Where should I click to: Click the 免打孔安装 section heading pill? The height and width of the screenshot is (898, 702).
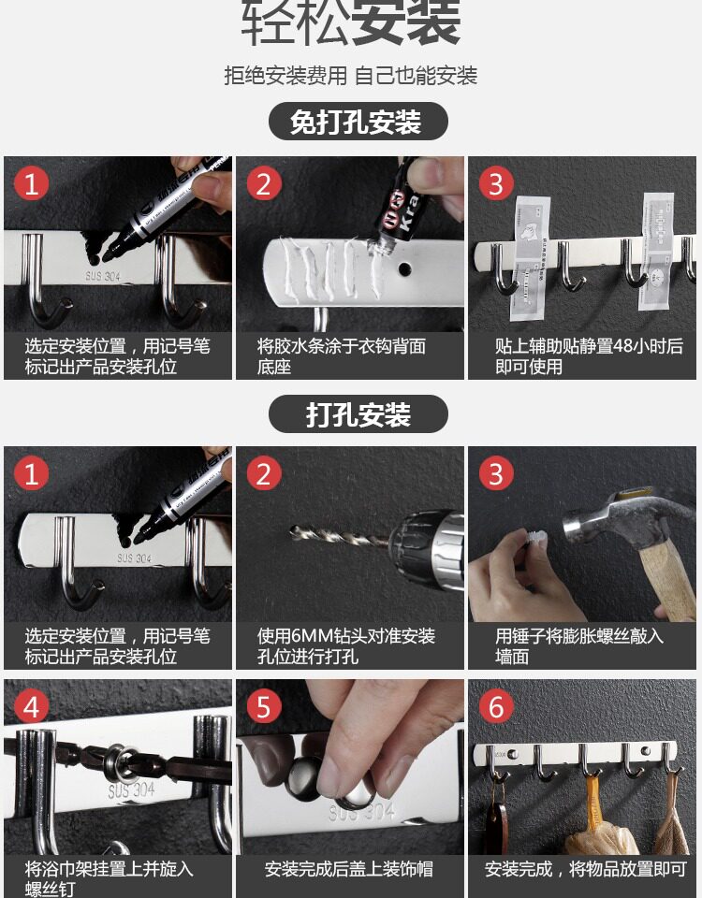pos(358,121)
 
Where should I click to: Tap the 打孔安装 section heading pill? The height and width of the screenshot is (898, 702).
pos(358,413)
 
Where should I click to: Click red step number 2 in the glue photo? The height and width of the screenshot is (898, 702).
pos(264,183)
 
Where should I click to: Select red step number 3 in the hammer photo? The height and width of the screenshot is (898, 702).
pos(496,473)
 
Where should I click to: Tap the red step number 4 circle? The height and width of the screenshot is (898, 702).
pos(31,706)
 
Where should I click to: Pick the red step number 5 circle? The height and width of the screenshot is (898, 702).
pos(264,706)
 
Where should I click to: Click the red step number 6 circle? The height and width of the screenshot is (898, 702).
pos(496,706)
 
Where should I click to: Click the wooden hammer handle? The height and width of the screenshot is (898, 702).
pos(667,578)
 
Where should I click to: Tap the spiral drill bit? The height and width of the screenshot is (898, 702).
pos(339,536)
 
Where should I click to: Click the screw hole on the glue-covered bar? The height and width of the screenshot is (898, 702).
pos(405,268)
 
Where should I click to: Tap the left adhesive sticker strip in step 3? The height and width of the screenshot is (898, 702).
pos(528,258)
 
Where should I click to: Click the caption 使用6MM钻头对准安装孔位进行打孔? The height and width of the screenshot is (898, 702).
pos(345,645)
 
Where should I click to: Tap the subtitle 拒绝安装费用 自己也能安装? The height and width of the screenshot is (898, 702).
pos(351,76)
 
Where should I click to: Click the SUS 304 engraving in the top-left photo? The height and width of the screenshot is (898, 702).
pos(103,276)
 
